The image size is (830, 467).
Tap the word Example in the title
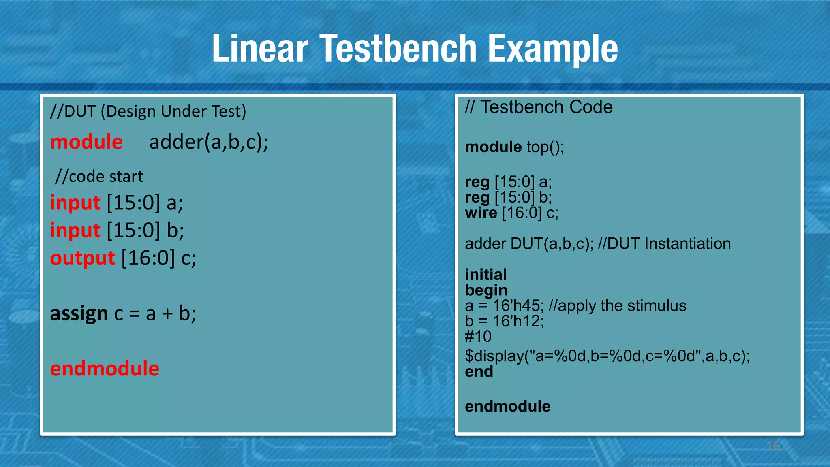553,49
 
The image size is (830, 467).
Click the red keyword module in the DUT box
86,142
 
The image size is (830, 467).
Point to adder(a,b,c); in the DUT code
209,142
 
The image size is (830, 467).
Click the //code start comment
99,177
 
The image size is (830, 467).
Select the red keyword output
83,258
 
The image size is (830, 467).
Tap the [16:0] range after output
148,258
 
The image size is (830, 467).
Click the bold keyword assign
79,313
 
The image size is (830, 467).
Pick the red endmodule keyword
105,369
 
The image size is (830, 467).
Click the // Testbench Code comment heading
539,107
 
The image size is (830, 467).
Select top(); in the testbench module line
545,147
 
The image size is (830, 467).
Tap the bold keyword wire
481,213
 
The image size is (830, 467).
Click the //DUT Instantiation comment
664,244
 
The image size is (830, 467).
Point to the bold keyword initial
486,275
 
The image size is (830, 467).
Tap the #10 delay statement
478,337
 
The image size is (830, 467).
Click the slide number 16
773,446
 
